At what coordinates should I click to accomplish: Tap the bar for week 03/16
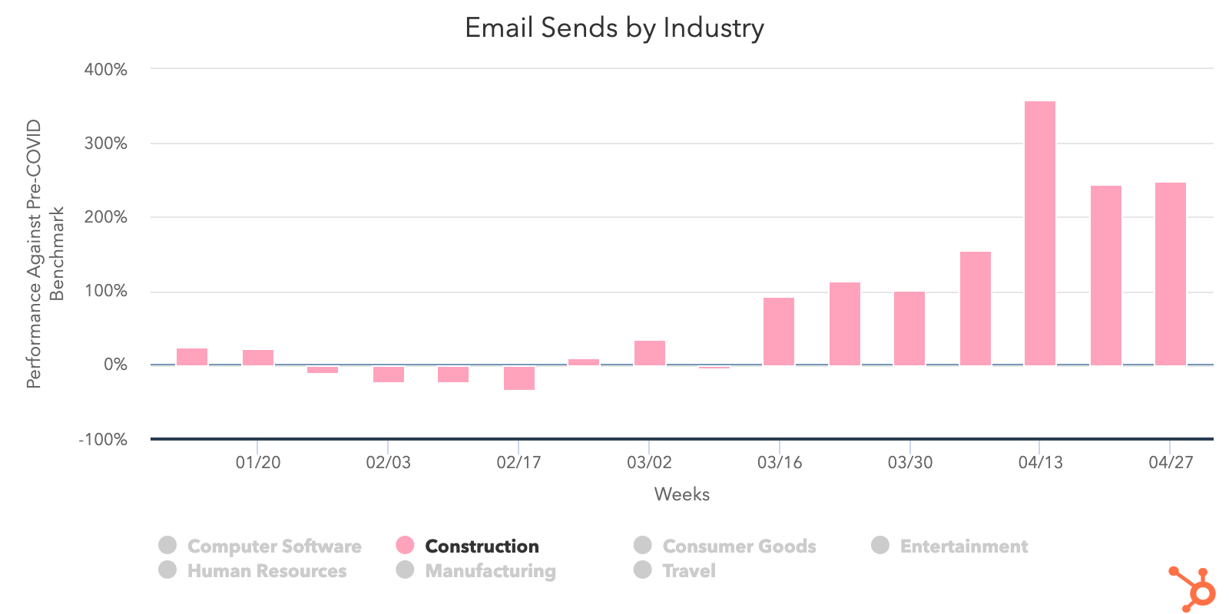(778, 331)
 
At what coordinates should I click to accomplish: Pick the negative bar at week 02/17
(518, 378)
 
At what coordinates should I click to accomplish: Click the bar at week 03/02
(649, 352)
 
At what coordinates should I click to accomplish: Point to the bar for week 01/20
(257, 357)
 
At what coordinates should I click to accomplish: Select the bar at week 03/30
(909, 328)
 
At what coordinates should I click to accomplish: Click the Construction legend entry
(482, 546)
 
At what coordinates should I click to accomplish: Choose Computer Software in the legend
(273, 546)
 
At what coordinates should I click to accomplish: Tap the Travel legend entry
(688, 570)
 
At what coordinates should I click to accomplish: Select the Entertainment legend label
(963, 546)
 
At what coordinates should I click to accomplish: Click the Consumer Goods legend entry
(739, 546)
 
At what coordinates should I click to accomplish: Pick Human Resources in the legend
(267, 570)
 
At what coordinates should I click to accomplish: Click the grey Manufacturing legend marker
(405, 569)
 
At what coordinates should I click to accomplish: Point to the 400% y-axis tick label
(106, 69)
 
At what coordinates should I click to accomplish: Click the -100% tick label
(103, 439)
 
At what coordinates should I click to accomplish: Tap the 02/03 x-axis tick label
(388, 462)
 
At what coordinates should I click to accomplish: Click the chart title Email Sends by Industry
(614, 28)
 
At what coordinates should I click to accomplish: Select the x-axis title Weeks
(681, 494)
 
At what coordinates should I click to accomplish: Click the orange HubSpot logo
(1193, 589)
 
